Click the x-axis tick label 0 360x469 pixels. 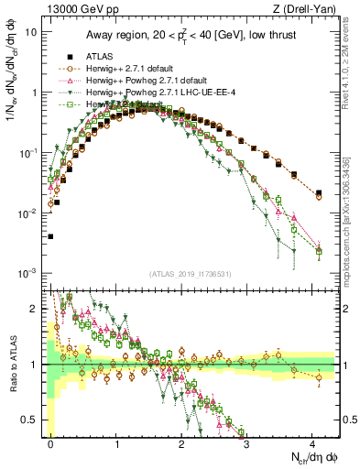pos(50,442)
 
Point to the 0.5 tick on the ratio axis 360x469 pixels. pos(33,420)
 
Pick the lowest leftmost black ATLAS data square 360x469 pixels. pos(50,236)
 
